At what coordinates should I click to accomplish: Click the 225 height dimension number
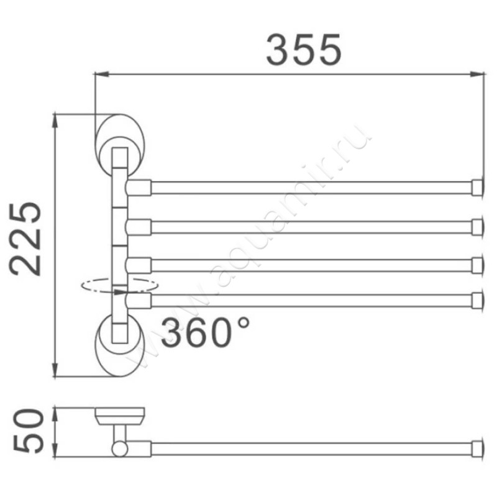[x=28, y=239]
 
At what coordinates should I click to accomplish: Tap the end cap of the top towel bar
[x=477, y=187]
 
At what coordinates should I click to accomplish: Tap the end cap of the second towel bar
[x=477, y=226]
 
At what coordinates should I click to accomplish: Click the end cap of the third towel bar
[x=477, y=265]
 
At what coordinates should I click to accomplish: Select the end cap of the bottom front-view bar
[x=477, y=300]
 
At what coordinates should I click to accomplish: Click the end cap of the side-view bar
[x=477, y=448]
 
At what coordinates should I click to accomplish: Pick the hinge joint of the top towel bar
[x=138, y=187]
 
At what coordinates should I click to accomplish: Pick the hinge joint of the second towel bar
[x=138, y=226]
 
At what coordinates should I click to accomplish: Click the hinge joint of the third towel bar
[x=138, y=265]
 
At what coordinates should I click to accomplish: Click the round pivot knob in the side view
[x=119, y=448]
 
